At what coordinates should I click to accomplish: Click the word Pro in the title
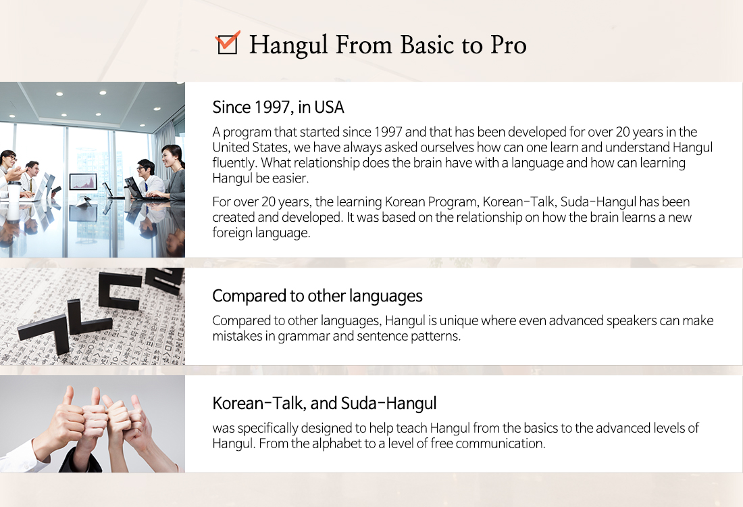coord(508,45)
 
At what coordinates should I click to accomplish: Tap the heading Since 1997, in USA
coord(278,107)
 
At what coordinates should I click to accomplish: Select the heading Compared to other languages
coord(317,296)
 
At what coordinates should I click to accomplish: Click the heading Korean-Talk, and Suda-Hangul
coord(325,403)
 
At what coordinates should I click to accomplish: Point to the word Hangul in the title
coord(288,46)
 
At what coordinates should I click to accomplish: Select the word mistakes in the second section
coord(234,336)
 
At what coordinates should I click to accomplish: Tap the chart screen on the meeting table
coord(83,182)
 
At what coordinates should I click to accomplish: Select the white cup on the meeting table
coord(14,191)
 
